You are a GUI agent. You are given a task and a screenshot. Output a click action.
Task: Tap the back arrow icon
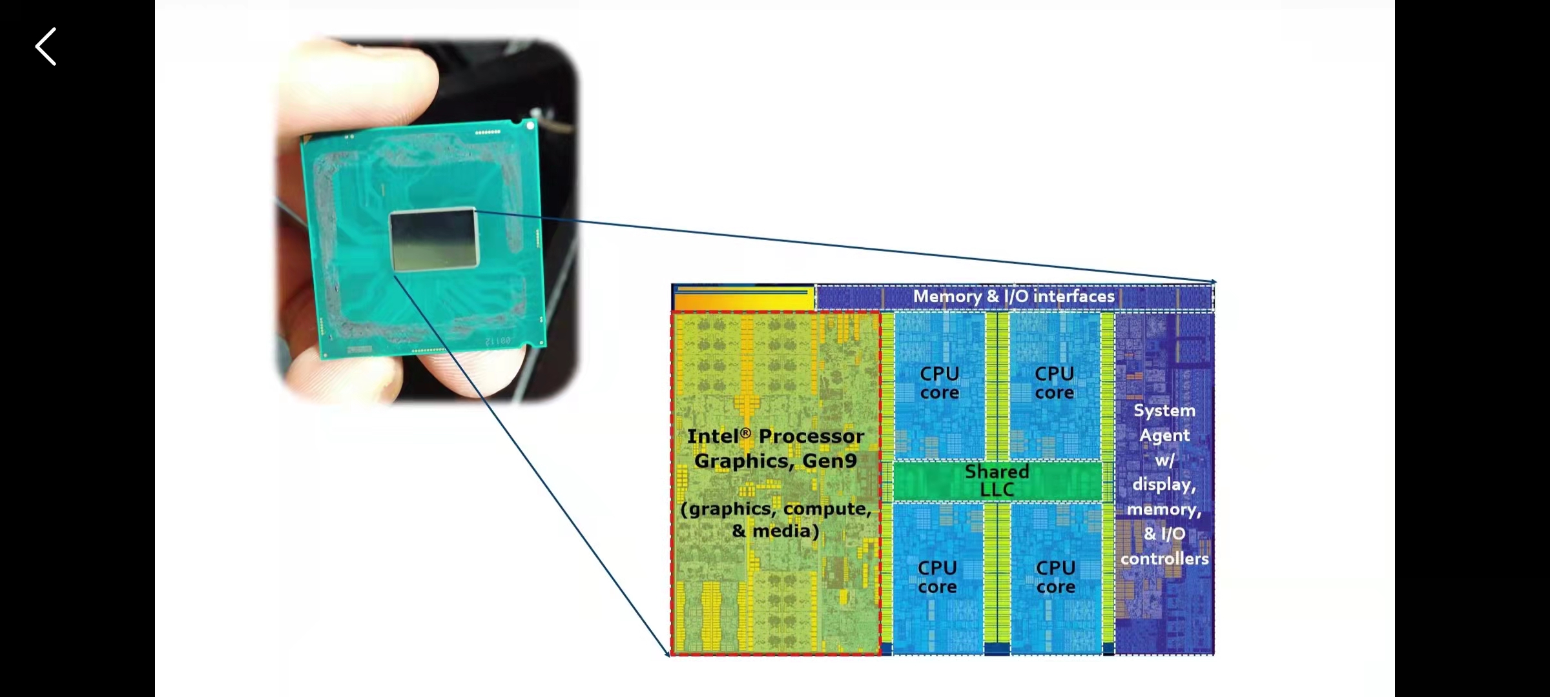click(46, 46)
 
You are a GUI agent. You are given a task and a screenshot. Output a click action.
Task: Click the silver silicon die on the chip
click(433, 239)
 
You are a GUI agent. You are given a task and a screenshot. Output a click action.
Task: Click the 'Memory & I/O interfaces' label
click(1013, 296)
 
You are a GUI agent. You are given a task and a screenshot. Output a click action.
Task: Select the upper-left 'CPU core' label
click(939, 383)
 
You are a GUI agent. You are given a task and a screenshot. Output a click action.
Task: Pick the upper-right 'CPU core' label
click(1054, 383)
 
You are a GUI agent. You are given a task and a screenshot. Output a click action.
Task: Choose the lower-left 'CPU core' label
click(937, 577)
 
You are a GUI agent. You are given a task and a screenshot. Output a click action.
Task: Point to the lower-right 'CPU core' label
click(1055, 577)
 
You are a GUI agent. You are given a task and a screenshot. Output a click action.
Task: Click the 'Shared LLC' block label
click(997, 481)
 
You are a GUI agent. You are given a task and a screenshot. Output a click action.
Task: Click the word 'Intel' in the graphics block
click(712, 437)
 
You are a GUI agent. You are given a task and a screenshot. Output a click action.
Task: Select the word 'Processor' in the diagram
click(811, 437)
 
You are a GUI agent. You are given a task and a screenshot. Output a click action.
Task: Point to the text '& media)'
click(776, 531)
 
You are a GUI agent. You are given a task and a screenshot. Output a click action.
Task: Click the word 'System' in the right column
click(1164, 410)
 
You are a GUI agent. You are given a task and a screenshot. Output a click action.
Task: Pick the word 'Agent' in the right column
click(1164, 436)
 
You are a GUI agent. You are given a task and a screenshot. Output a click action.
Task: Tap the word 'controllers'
click(1164, 559)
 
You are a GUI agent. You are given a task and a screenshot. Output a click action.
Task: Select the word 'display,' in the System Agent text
click(1164, 485)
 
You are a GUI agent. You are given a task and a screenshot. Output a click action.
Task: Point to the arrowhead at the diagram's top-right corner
click(1214, 282)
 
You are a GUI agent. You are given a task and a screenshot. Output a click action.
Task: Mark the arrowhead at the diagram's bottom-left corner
click(667, 653)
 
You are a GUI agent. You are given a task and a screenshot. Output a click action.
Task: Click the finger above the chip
click(362, 84)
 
